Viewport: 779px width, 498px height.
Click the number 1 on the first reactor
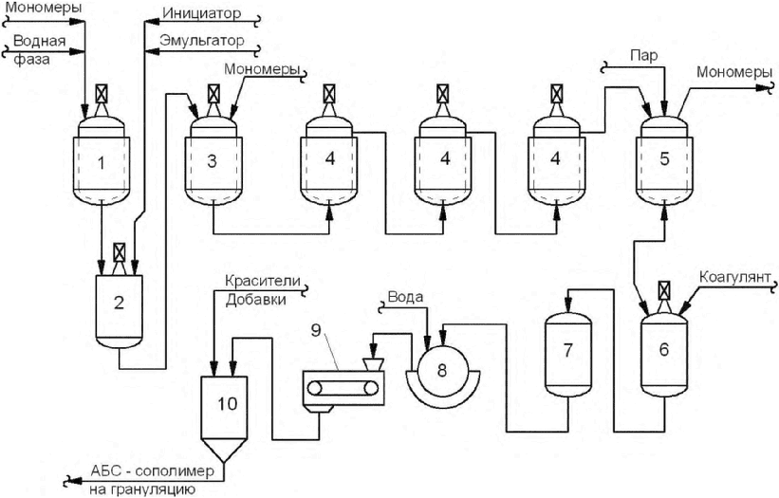click(102, 162)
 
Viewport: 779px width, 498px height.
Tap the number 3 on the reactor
click(213, 161)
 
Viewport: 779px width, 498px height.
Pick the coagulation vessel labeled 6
click(664, 353)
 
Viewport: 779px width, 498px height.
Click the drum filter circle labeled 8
click(441, 370)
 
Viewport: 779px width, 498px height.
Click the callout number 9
click(317, 330)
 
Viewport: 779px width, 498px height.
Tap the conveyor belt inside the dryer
click(342, 387)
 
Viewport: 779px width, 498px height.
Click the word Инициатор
click(202, 13)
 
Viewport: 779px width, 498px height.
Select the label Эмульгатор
click(202, 41)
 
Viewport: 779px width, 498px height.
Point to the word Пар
click(644, 55)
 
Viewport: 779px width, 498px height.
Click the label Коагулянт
click(734, 277)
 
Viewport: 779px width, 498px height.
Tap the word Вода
click(405, 297)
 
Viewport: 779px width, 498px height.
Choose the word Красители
click(263, 281)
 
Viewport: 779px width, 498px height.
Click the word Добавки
click(256, 300)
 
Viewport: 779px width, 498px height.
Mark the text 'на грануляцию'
click(143, 489)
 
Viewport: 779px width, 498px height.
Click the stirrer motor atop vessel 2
click(120, 252)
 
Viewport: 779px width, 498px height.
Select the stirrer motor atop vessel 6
click(664, 290)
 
